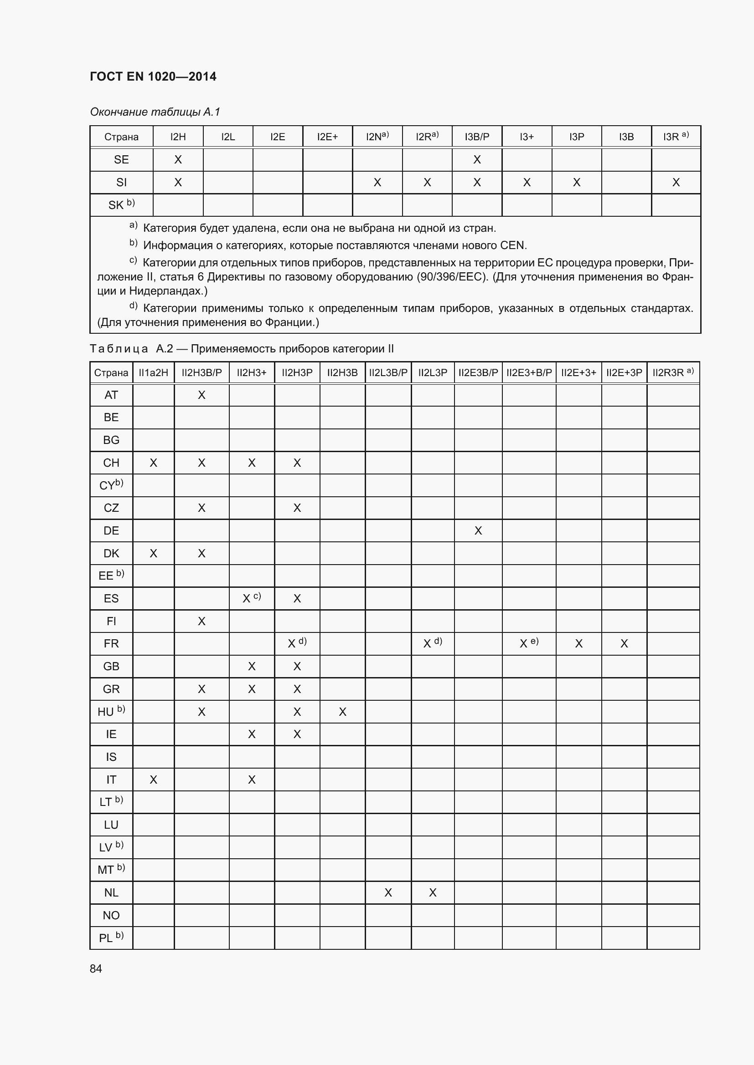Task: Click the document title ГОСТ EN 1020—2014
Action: (x=153, y=76)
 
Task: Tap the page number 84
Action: (x=96, y=968)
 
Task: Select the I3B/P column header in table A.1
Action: (x=477, y=137)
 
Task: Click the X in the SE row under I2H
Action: (x=178, y=159)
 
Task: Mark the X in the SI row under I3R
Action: (x=676, y=182)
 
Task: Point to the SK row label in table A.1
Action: (x=121, y=204)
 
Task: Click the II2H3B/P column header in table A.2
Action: (x=201, y=372)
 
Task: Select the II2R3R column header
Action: (x=672, y=372)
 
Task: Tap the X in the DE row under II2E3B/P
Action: (x=478, y=530)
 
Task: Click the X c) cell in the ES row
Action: (x=252, y=598)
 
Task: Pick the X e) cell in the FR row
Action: (x=528, y=643)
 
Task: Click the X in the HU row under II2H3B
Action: (x=342, y=712)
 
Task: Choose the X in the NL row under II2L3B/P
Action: (x=388, y=892)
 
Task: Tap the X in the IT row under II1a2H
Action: (x=153, y=780)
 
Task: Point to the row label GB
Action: (x=111, y=667)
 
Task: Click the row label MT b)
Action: (x=111, y=870)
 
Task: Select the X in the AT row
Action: (x=201, y=395)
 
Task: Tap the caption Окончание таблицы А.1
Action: (x=155, y=112)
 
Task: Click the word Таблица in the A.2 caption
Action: (x=119, y=349)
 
